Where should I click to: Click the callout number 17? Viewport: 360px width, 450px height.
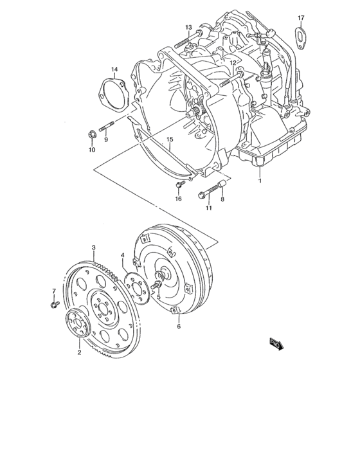(x=301, y=17)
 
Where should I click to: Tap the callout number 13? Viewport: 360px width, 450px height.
(x=189, y=27)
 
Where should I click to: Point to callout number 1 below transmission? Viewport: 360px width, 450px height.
(x=260, y=181)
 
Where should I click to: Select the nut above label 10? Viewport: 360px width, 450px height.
(x=92, y=134)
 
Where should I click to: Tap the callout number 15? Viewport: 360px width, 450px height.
(x=170, y=139)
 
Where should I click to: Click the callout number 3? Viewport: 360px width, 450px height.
(x=94, y=247)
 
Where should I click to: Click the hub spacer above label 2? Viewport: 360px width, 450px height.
(x=79, y=323)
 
